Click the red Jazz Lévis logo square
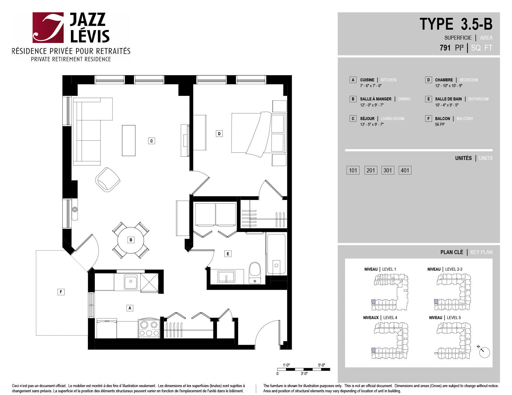point(48,28)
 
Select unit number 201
point(371,170)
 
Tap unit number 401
point(405,170)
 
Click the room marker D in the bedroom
point(219,133)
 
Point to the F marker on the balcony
point(61,292)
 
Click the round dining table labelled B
point(131,240)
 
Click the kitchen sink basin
point(131,282)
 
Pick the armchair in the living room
point(108,179)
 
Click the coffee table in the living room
point(128,141)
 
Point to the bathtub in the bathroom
point(276,254)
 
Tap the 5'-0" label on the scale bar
point(321,365)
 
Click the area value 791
point(445,48)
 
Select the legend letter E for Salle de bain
point(428,99)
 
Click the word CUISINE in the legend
point(367,80)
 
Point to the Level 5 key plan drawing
point(453,341)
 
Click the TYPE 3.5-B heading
point(456,24)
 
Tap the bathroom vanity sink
point(226,277)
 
